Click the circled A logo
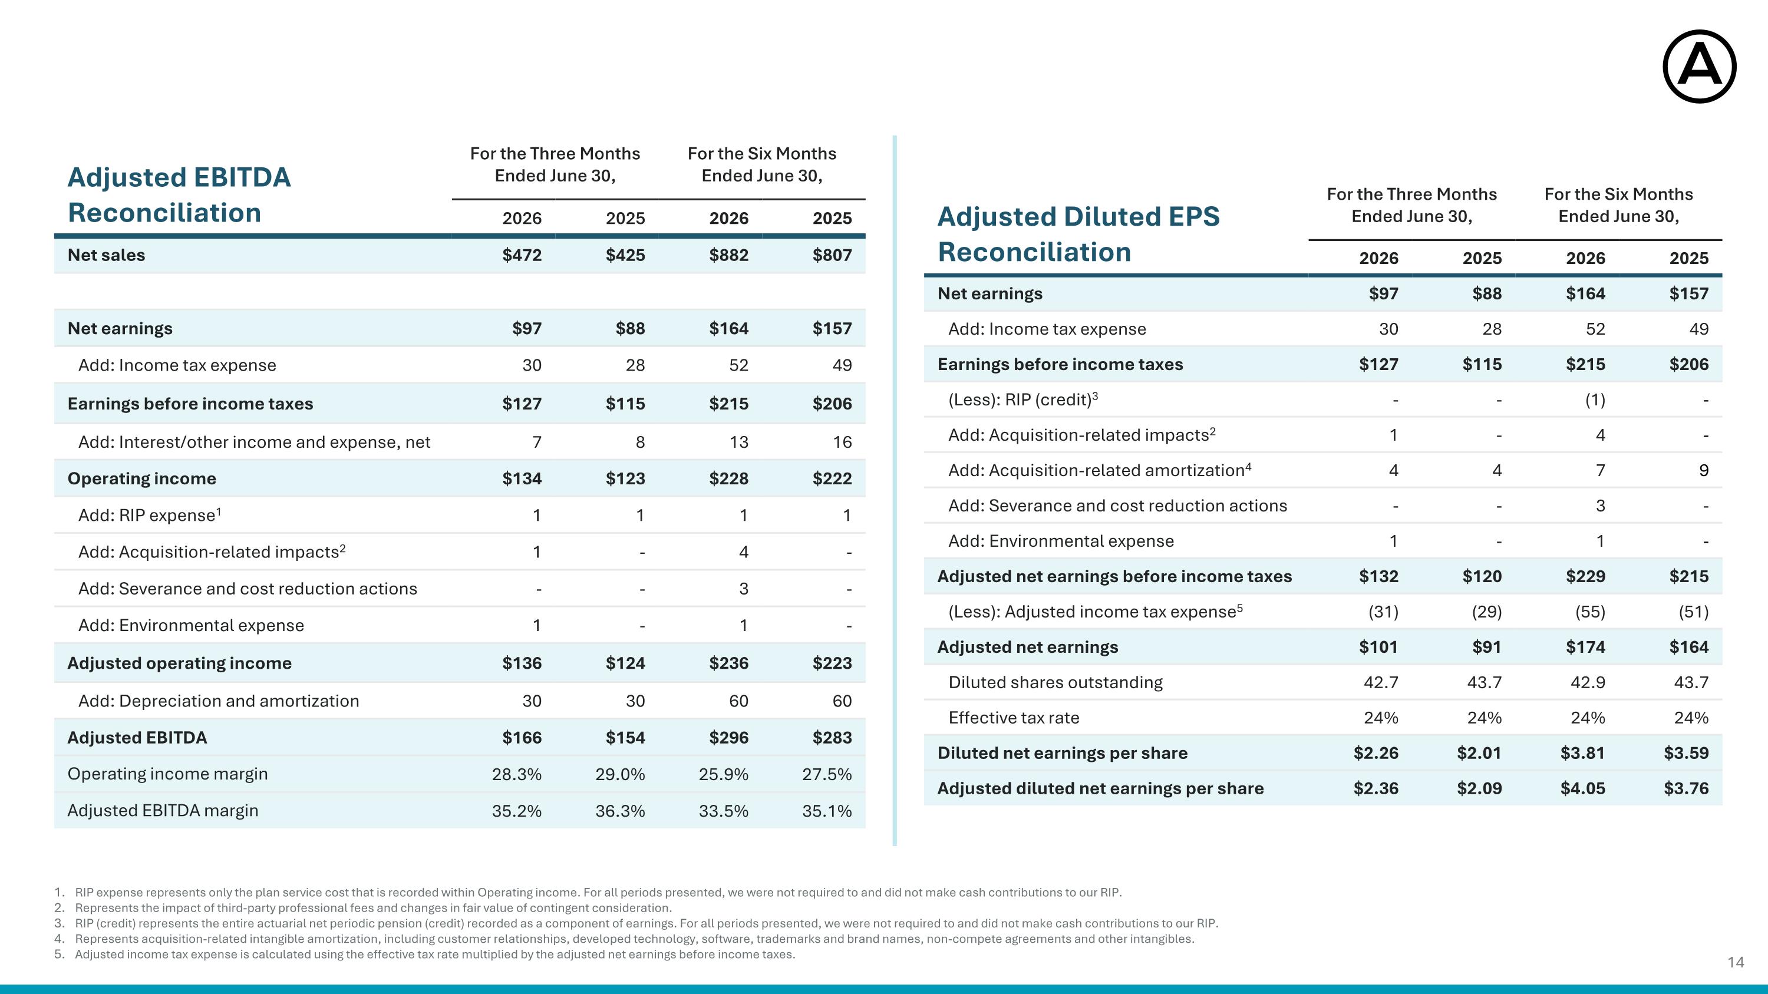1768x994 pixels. click(1700, 67)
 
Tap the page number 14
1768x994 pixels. click(1736, 962)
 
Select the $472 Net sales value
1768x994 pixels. click(522, 255)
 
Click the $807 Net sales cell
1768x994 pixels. click(832, 255)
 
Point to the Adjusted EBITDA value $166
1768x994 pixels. click(522, 738)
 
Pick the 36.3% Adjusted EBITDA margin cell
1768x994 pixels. click(620, 811)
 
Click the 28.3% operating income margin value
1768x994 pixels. click(517, 774)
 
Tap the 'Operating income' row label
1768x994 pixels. click(142, 479)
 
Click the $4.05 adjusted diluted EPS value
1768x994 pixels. click(1583, 788)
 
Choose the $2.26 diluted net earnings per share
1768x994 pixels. click(1376, 753)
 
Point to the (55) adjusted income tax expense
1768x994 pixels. click(1589, 612)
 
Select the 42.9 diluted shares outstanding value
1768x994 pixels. click(1588, 682)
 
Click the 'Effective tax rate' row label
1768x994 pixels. click(1014, 718)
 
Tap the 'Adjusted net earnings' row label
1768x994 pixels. click(1027, 647)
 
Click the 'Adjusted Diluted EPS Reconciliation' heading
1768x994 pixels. click(1078, 234)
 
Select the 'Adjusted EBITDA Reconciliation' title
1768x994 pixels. click(179, 195)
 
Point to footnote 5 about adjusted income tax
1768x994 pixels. click(425, 954)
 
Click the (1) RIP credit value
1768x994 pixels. click(1594, 400)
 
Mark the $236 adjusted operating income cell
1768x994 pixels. click(728, 663)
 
